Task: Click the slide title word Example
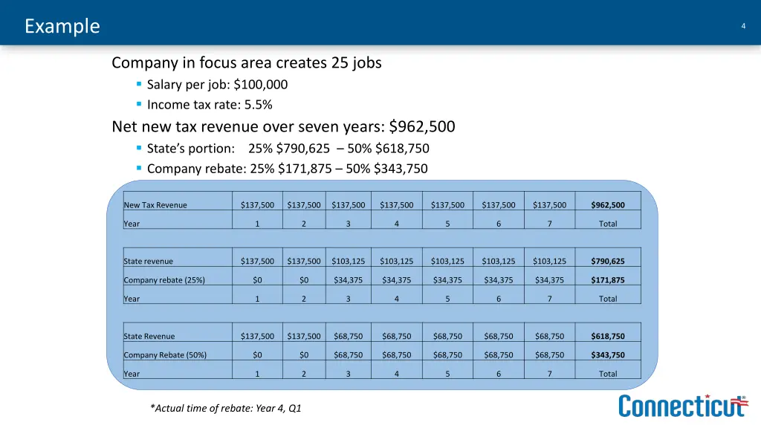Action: click(x=62, y=26)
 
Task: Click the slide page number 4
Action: click(x=743, y=27)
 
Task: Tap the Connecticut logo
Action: click(x=683, y=406)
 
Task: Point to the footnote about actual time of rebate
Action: click(x=225, y=408)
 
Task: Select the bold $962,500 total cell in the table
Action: click(x=608, y=205)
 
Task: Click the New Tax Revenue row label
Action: click(x=155, y=205)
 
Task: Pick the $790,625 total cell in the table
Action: click(x=608, y=262)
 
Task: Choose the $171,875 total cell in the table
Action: click(x=608, y=280)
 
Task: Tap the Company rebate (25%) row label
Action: click(x=164, y=280)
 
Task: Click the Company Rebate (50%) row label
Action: click(x=165, y=355)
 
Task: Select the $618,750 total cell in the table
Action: click(x=608, y=337)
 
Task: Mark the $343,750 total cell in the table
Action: click(x=608, y=355)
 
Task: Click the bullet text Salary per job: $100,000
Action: click(x=217, y=85)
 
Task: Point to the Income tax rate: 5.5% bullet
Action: click(x=204, y=105)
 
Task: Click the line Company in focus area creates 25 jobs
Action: click(x=246, y=63)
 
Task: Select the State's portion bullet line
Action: click(x=288, y=149)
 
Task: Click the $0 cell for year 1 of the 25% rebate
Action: click(x=257, y=280)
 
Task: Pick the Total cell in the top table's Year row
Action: click(x=608, y=224)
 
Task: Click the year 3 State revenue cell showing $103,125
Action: click(x=348, y=262)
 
